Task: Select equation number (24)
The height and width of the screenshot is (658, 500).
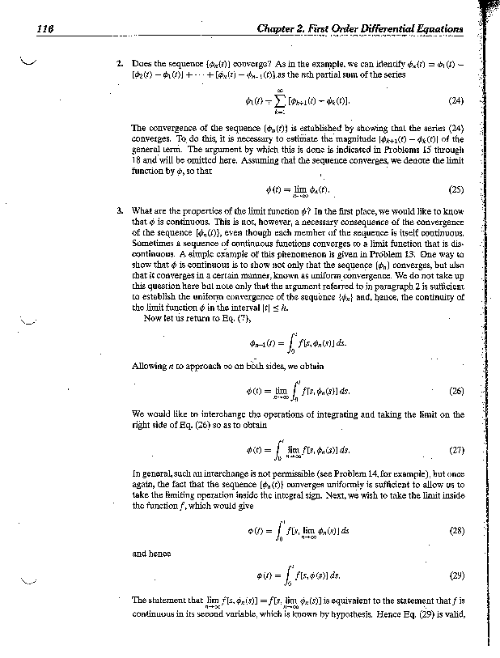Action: (456, 103)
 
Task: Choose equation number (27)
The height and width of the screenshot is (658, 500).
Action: (456, 448)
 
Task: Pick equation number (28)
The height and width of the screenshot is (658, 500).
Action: (456, 531)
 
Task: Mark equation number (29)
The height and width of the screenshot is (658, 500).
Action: (456, 577)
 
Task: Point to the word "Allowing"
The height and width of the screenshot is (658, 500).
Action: (148, 366)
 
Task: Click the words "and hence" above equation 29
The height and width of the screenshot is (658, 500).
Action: (150, 555)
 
